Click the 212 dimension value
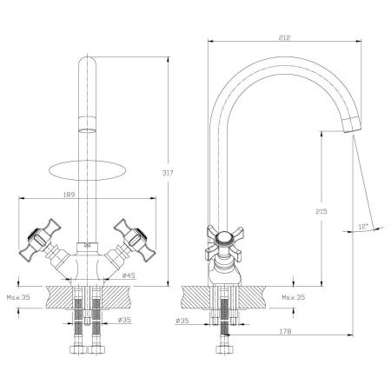[284, 37]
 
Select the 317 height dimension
[168, 173]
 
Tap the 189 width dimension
[69, 195]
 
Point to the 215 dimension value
[321, 211]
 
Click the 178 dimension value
[285, 331]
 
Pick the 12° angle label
[363, 227]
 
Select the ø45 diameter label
[129, 275]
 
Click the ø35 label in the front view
[124, 320]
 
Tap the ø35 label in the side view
[182, 321]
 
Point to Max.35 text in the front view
[18, 297]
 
